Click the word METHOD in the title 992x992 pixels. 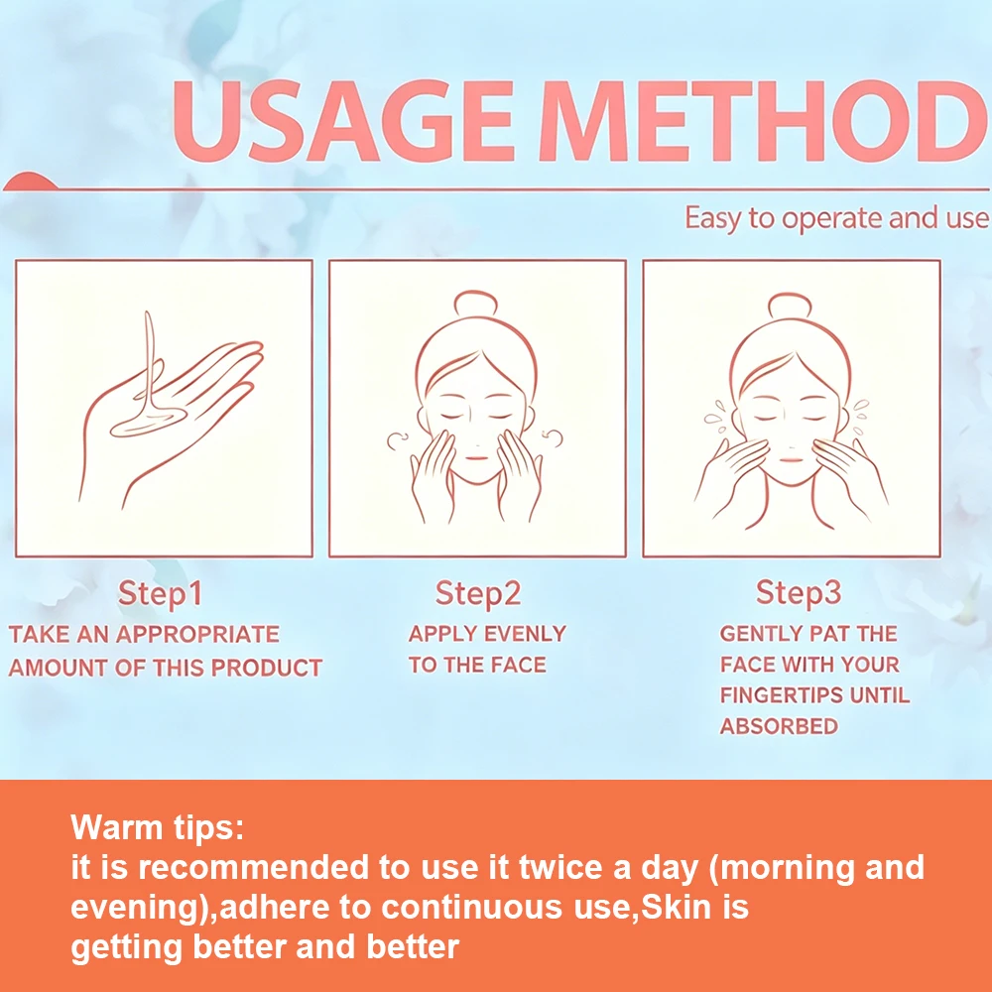(x=763, y=121)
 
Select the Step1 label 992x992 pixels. (x=160, y=594)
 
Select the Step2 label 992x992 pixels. (x=478, y=594)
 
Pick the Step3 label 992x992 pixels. (x=799, y=593)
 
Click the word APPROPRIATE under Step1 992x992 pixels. (x=197, y=634)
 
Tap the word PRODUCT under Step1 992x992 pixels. (x=266, y=668)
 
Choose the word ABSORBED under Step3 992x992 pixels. (x=779, y=726)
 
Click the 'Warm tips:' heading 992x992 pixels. (x=157, y=827)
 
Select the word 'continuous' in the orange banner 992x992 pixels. (x=472, y=908)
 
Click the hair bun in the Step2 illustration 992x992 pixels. (x=476, y=303)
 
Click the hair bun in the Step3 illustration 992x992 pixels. (x=790, y=306)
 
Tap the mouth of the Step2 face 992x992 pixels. (x=476, y=458)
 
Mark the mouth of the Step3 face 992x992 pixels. (x=790, y=458)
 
